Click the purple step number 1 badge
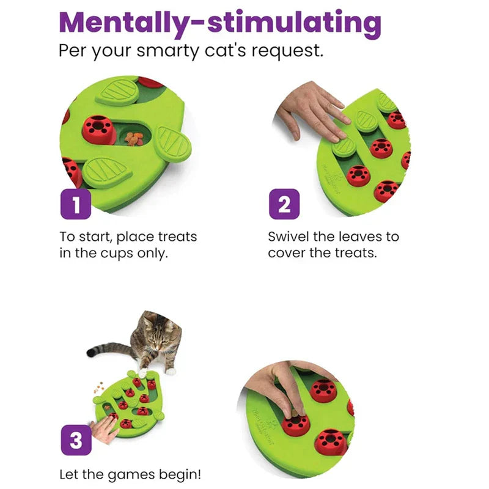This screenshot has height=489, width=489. pos(75,204)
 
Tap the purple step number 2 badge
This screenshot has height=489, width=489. pos(284,204)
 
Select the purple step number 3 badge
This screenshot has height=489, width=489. pos(75,440)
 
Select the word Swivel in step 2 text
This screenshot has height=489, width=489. pos(290,237)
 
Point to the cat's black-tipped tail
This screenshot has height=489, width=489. pos(93,351)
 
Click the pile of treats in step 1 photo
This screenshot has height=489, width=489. pos(133,139)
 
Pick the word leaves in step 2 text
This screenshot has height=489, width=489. pos(367,237)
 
